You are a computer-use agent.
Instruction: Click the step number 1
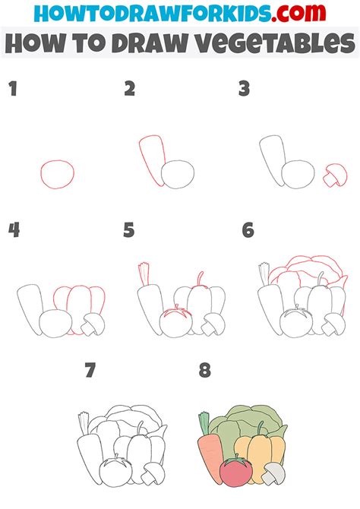tap(13, 89)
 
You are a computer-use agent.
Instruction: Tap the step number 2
tap(130, 89)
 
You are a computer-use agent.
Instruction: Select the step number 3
tap(244, 89)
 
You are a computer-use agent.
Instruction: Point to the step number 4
tap(13, 229)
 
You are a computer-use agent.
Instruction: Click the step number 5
tap(130, 229)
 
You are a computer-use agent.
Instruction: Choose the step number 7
tap(91, 371)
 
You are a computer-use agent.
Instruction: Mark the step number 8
tap(204, 371)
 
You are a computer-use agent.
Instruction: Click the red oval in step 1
tap(58, 174)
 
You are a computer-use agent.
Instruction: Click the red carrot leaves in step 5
tap(142, 271)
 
